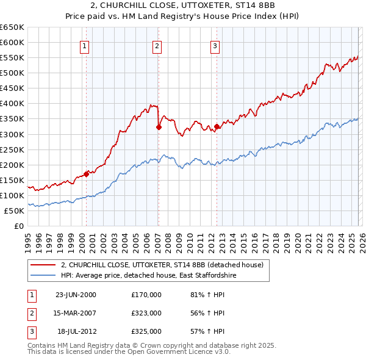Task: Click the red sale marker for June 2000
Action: [86, 174]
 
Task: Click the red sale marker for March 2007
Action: [159, 128]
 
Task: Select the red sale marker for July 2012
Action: [217, 127]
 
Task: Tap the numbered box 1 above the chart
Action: [84, 45]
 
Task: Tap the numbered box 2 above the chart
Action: [157, 45]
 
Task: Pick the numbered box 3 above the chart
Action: [215, 45]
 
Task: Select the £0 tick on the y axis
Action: [18, 226]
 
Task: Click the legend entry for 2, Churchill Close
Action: [161, 265]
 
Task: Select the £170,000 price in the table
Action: [146, 295]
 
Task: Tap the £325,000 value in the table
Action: [146, 331]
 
